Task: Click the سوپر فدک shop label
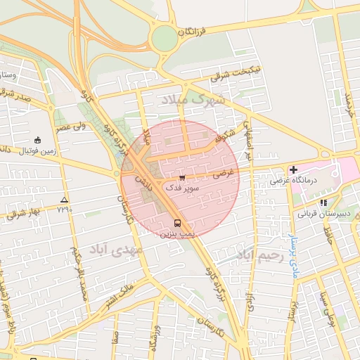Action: [182, 188]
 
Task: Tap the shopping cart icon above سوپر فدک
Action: [182, 178]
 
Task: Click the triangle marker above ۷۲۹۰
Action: [65, 200]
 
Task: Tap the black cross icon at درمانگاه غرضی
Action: [293, 169]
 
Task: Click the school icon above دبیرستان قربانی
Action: [323, 202]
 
